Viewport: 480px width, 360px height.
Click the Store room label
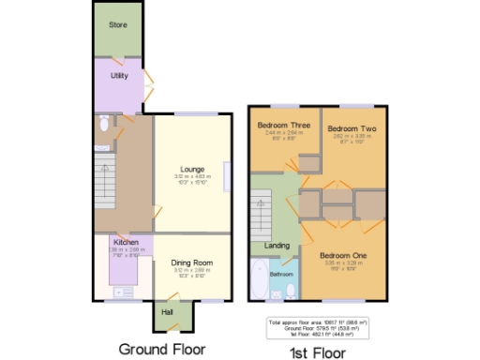pos(117,24)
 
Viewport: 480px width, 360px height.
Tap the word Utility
pos(119,75)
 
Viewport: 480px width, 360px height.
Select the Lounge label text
pos(192,169)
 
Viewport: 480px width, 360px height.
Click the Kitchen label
pos(126,241)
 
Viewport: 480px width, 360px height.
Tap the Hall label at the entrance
pos(167,311)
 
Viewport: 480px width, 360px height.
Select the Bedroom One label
pos(342,255)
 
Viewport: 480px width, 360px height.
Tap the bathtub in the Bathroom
pos(259,279)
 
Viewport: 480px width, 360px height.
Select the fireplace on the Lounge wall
pos(225,177)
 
